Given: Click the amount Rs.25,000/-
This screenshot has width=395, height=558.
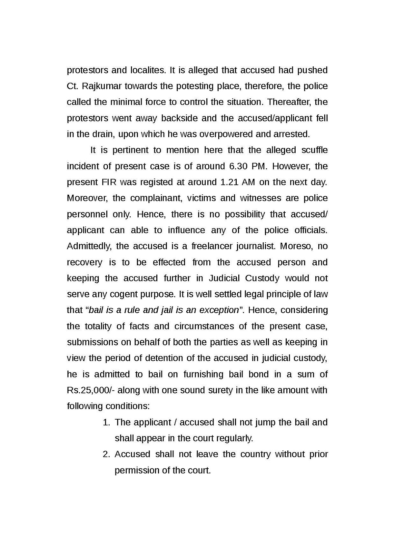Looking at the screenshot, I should click(x=90, y=390).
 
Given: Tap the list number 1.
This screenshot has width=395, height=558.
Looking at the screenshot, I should click(x=106, y=422).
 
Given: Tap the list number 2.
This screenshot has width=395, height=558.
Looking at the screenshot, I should click(x=106, y=454).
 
